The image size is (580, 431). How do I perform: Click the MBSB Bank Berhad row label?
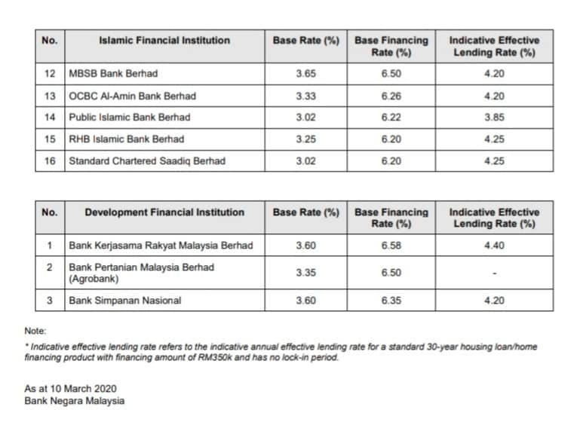pos(113,74)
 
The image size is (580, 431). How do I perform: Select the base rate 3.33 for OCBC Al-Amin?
pos(306,96)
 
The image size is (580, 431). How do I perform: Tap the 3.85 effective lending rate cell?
pos(494,118)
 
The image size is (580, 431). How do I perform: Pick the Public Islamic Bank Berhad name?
pos(130,118)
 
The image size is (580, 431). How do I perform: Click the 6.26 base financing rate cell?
pos(391,96)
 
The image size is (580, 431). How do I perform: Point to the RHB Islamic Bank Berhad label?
pos(127,139)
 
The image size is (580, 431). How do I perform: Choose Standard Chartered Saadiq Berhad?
pos(147,161)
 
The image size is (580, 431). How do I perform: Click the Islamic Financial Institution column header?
pos(164,40)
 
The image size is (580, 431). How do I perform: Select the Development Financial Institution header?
pos(164,212)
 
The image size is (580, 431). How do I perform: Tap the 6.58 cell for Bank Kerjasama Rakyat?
pos(391,246)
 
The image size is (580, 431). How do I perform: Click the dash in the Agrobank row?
pos(495,274)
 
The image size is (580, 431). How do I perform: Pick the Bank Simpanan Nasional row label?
pos(125,301)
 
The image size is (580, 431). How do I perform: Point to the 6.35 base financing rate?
pos(391,301)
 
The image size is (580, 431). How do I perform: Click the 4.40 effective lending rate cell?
pos(494,246)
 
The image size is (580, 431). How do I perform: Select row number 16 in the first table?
pos(50,161)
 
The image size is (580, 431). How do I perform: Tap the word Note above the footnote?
pos(35,331)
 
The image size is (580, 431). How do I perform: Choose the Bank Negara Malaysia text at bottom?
pos(75,401)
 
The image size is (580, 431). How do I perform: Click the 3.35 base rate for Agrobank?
pos(306,273)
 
